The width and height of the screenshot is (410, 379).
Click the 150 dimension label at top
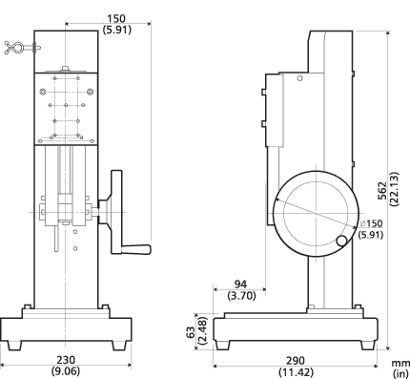[114, 18]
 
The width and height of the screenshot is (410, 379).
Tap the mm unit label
[399, 361]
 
